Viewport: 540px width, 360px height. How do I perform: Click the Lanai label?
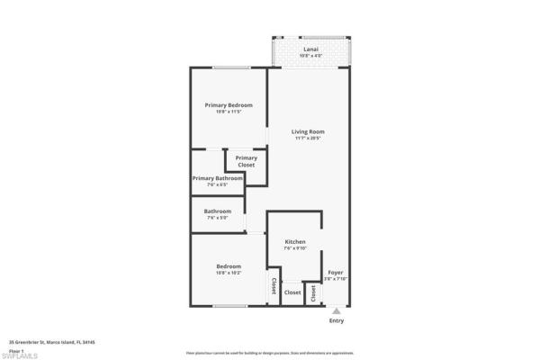coord(310,49)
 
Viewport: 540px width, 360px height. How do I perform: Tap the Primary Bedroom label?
coord(228,105)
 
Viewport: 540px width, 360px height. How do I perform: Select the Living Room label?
coord(307,132)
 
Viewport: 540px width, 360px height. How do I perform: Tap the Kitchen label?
coord(295,242)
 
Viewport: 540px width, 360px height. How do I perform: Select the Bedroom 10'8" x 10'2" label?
coord(228,266)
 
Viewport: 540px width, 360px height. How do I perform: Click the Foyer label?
coord(335,272)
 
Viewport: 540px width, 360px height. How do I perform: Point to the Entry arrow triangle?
coord(336,311)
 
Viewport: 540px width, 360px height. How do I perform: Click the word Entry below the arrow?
coord(336,321)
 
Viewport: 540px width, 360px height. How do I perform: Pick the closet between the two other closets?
coord(292,292)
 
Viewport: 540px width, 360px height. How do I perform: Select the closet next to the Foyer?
coord(313,293)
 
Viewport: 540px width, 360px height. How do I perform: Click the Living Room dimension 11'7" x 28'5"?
coord(307,139)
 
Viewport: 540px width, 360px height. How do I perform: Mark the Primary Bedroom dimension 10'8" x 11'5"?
coord(228,112)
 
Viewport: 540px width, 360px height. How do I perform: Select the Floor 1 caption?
coord(16,349)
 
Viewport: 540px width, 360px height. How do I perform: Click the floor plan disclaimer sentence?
coord(269,353)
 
